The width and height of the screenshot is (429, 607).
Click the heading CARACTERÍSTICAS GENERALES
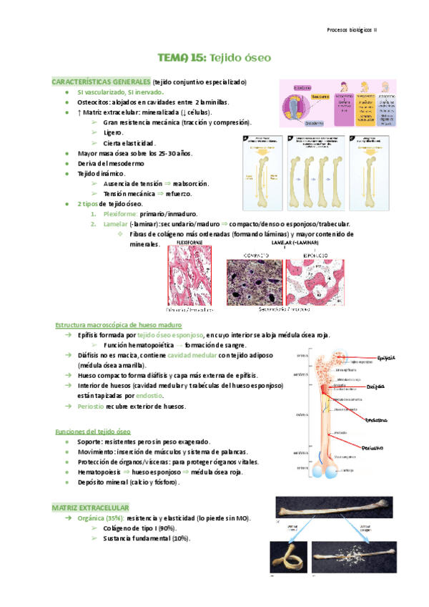pos(101,82)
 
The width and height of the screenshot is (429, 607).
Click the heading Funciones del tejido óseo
pos(93,432)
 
